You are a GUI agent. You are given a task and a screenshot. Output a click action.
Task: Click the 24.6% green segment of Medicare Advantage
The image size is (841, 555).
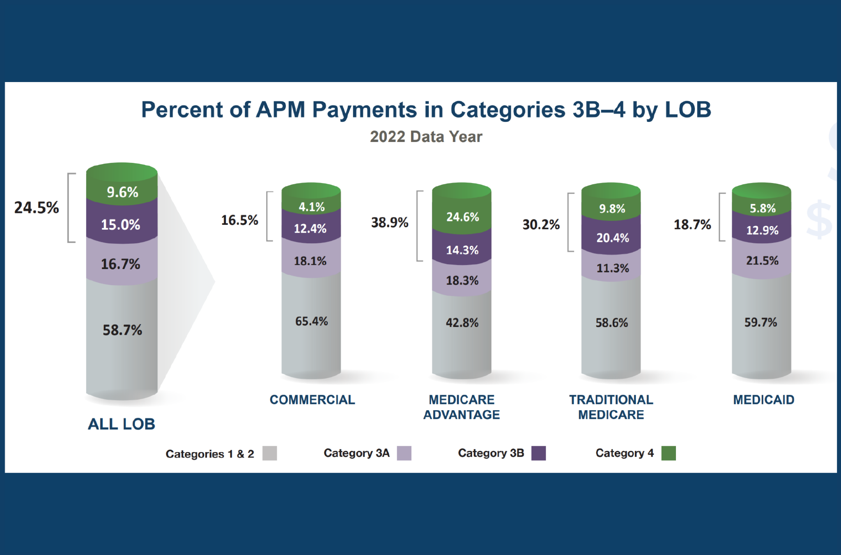point(462,217)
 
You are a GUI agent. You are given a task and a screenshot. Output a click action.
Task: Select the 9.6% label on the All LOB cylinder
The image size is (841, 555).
point(122,192)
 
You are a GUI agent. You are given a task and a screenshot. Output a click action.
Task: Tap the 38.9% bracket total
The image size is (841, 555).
point(390,222)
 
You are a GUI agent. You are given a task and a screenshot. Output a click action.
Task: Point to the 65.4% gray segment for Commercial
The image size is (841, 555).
point(311,321)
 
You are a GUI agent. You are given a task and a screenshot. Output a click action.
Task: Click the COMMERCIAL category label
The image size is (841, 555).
point(312,400)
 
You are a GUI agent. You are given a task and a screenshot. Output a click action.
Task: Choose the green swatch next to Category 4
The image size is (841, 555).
point(668,453)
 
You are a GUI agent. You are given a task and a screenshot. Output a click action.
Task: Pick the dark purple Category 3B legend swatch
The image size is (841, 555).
point(538,453)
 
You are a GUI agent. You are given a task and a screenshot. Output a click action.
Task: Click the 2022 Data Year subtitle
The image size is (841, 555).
point(426,137)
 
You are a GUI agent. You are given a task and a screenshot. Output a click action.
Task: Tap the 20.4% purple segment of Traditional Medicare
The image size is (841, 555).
point(612,238)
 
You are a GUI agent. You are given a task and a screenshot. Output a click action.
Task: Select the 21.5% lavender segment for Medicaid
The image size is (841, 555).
point(762,260)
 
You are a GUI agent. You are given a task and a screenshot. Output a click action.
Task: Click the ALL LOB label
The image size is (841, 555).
point(122,424)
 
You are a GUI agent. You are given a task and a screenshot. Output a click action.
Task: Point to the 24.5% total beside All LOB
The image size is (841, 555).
point(37,208)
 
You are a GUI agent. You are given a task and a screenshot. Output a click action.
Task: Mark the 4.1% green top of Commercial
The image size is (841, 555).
point(311,207)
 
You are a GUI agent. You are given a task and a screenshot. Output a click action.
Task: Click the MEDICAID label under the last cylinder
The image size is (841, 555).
point(763,400)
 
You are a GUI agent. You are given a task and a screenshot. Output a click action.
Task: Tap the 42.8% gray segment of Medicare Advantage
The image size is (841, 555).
point(462,323)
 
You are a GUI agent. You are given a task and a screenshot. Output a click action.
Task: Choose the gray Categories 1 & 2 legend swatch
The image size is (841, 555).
point(269,453)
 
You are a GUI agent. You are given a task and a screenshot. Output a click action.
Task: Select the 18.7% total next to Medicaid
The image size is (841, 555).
point(692,224)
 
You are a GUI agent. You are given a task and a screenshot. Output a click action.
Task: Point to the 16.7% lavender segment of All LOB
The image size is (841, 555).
point(121,264)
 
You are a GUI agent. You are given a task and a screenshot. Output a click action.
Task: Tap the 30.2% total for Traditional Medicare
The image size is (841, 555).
point(541,224)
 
